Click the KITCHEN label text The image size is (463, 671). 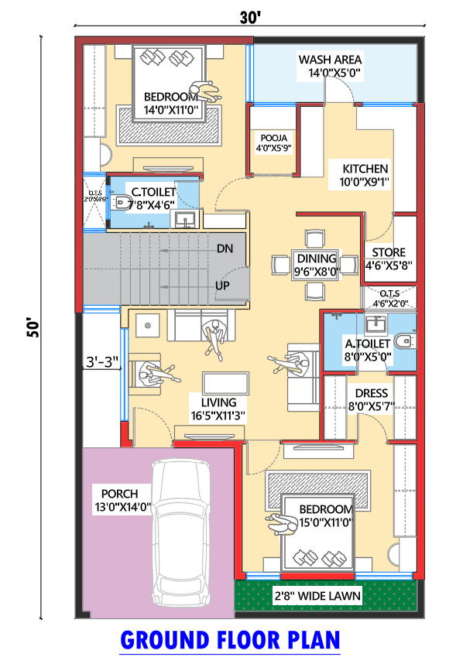click(x=365, y=169)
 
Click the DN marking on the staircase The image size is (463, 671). click(x=224, y=248)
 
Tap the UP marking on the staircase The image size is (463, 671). click(x=223, y=285)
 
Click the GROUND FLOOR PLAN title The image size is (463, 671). click(x=230, y=641)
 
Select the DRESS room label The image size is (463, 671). click(x=372, y=393)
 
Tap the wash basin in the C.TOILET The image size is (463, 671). click(x=185, y=219)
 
